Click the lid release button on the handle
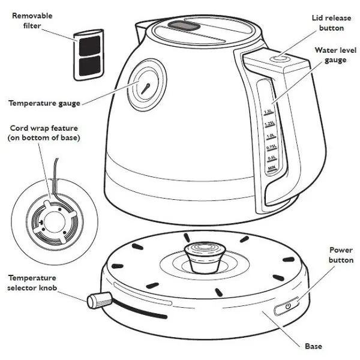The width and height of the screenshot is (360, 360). (x=278, y=59)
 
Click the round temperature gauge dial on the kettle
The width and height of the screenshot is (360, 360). (x=145, y=87)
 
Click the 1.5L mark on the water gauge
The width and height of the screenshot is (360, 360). (x=268, y=112)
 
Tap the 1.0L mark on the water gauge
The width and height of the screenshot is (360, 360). (x=269, y=136)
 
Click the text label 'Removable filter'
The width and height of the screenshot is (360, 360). (x=32, y=22)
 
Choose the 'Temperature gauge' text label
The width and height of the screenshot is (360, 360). (x=44, y=103)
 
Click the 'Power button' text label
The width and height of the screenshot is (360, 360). (x=341, y=254)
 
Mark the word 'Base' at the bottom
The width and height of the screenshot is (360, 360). (x=313, y=346)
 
